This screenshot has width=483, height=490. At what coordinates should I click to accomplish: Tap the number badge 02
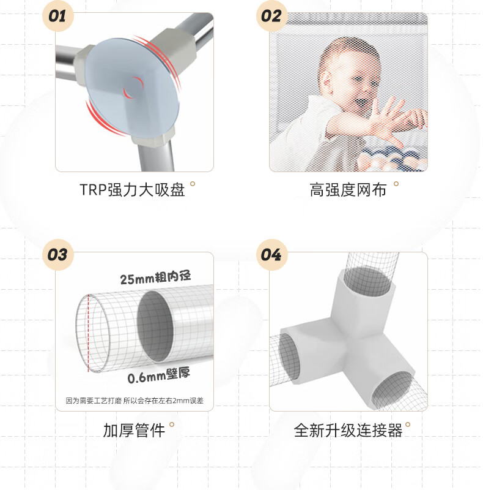pyautogui.click(x=271, y=15)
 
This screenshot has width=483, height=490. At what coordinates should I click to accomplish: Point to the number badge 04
pyautogui.click(x=271, y=254)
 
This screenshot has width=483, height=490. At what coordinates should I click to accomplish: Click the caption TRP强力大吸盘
pyautogui.click(x=132, y=190)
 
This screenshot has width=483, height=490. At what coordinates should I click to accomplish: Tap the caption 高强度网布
pyautogui.click(x=348, y=190)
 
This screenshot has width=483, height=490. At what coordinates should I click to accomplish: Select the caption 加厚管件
pyautogui.click(x=134, y=431)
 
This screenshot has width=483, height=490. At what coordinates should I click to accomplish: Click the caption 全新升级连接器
pyautogui.click(x=348, y=431)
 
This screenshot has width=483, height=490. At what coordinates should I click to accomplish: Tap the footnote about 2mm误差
pyautogui.click(x=135, y=401)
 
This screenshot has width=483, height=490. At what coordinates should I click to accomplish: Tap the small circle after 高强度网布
pyautogui.click(x=396, y=183)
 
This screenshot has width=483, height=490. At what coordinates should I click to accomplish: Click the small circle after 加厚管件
pyautogui.click(x=172, y=424)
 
